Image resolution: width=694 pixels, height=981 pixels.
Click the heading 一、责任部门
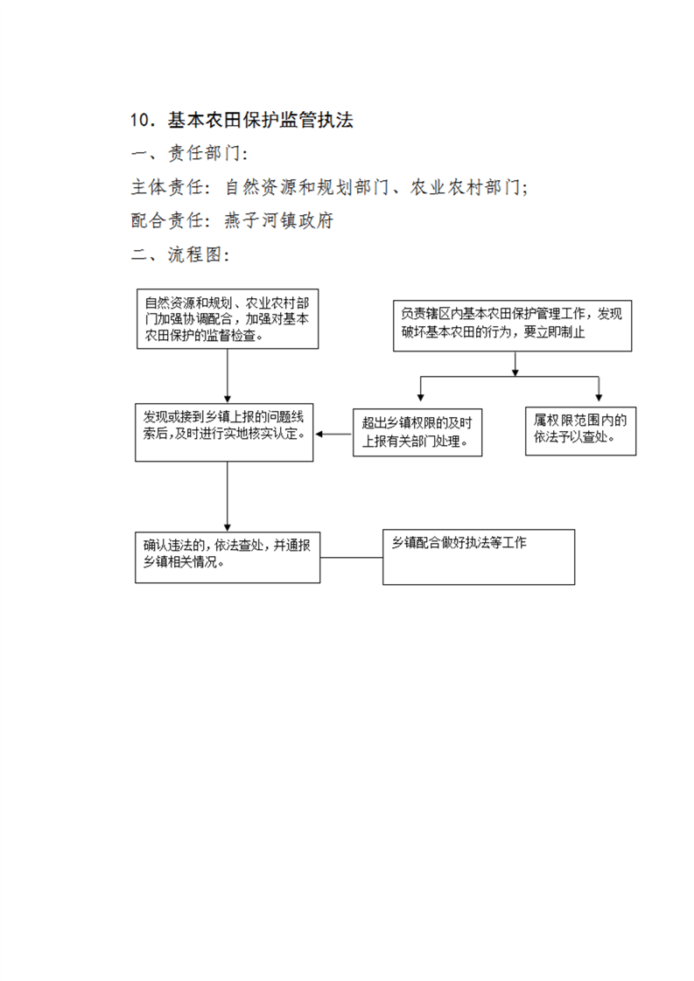pyautogui.click(x=189, y=153)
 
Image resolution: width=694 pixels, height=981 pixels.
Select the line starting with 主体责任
pyautogui.click(x=329, y=187)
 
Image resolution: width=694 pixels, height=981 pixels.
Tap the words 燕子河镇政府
pyautogui.click(x=278, y=220)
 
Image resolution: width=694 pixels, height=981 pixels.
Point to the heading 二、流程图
pyautogui.click(x=180, y=254)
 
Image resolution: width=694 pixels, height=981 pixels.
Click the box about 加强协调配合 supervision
pyautogui.click(x=228, y=318)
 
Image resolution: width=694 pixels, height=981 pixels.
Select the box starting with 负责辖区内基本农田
pyautogui.click(x=512, y=325)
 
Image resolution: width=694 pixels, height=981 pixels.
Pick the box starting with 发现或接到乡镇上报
pyautogui.click(x=224, y=432)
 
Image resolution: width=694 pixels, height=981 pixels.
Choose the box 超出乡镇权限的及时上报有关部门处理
pyautogui.click(x=417, y=432)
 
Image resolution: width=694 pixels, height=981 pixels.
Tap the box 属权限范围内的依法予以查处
pyautogui.click(x=580, y=430)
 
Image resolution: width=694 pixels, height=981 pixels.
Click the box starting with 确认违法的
pyautogui.click(x=228, y=558)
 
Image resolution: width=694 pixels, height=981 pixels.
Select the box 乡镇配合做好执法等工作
pyautogui.click(x=479, y=557)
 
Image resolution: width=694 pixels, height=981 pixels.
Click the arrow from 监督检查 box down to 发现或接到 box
pyautogui.click(x=228, y=375)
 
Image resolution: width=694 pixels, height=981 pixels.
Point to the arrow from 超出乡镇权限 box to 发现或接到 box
pyautogui.click(x=333, y=435)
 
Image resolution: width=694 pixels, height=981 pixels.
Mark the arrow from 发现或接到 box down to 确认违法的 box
pyautogui.click(x=228, y=497)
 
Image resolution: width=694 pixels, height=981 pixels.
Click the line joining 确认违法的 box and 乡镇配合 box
pyautogui.click(x=352, y=558)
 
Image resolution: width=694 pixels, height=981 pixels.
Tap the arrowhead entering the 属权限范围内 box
pyautogui.click(x=599, y=397)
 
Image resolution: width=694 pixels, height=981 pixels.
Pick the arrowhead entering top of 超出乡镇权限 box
pyautogui.click(x=421, y=397)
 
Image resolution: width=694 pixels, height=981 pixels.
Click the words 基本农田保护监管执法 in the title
pyautogui.click(x=261, y=120)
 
